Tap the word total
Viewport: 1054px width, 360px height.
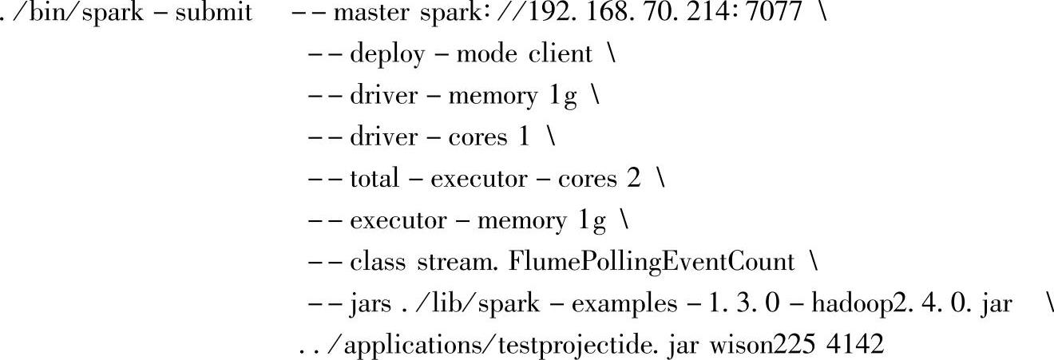[x=374, y=179]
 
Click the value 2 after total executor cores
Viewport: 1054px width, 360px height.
[x=633, y=179]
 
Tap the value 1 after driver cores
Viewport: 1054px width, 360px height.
[x=523, y=137]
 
